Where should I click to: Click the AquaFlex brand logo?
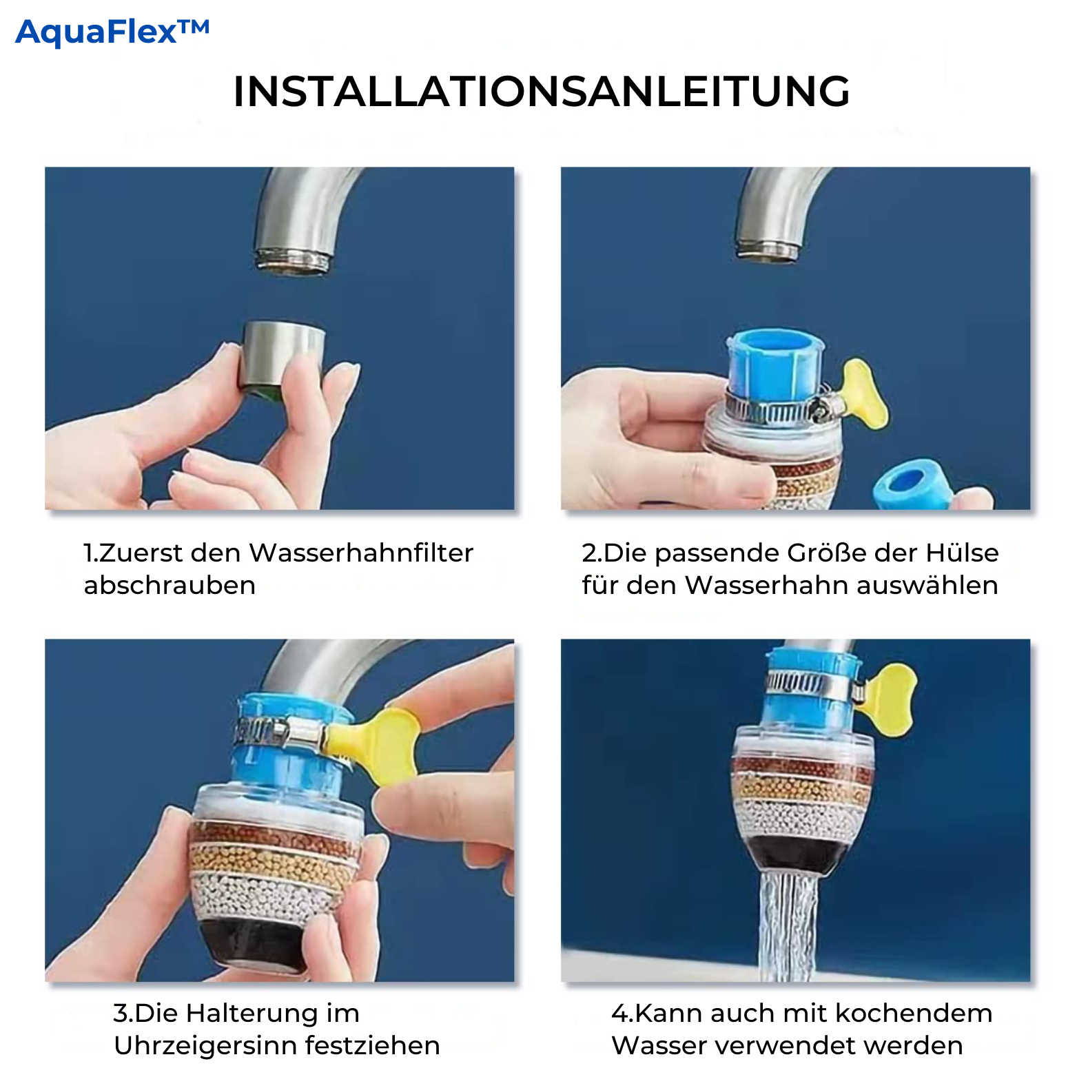click(112, 32)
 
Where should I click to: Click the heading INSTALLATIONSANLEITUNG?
click(542, 92)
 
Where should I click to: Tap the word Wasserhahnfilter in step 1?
click(361, 553)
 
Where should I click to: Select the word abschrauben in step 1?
click(170, 585)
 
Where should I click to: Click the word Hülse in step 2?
click(962, 553)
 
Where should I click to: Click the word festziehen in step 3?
click(372, 1045)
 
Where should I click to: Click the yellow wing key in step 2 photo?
click(864, 393)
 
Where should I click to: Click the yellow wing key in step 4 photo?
click(889, 697)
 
